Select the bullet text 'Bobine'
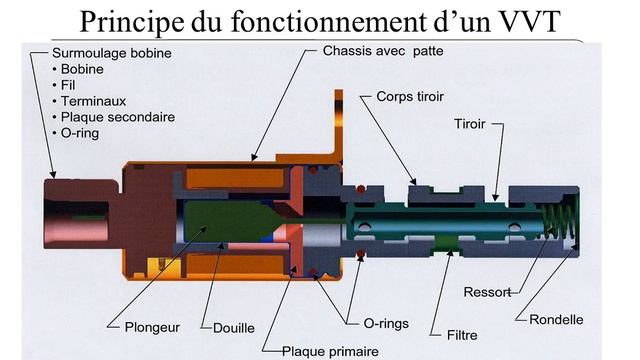click(82, 68)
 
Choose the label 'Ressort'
click(487, 292)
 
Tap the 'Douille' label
click(234, 327)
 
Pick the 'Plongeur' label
click(151, 327)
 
